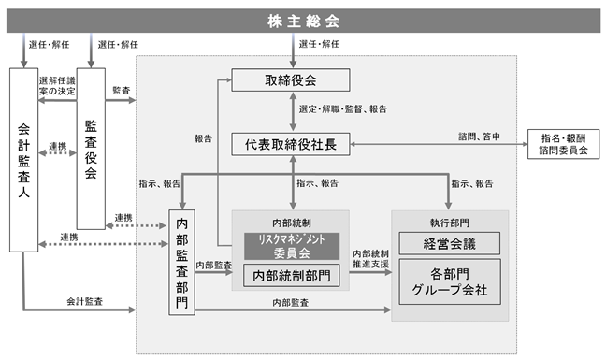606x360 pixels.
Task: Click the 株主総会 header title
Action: pyautogui.click(x=303, y=21)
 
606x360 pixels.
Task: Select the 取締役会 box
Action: pyautogui.click(x=291, y=80)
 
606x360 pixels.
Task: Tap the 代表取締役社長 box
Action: pyautogui.click(x=291, y=144)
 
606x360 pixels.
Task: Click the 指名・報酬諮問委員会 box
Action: pyautogui.click(x=564, y=144)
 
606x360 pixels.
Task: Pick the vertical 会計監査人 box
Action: pyautogui.click(x=23, y=160)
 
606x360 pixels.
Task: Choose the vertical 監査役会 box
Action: pyautogui.click(x=91, y=149)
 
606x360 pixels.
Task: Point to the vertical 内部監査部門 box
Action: pyautogui.click(x=181, y=263)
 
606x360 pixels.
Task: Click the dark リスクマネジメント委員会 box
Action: pyautogui.click(x=292, y=246)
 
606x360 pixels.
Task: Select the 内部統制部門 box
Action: pyautogui.click(x=292, y=276)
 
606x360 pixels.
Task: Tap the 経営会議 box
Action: pyautogui.click(x=450, y=243)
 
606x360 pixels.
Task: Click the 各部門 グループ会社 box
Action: pyautogui.click(x=450, y=281)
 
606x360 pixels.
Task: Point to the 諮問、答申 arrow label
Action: pyautogui.click(x=479, y=137)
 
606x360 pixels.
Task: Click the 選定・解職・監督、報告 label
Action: pyautogui.click(x=343, y=108)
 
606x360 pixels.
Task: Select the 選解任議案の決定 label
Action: pyautogui.click(x=57, y=86)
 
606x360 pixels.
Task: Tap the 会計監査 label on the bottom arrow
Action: pyautogui.click(x=85, y=301)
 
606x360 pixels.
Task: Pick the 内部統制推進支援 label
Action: pyautogui.click(x=370, y=259)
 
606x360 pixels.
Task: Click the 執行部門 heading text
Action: pyautogui.click(x=450, y=223)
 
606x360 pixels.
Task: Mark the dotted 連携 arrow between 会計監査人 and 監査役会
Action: pyautogui.click(x=58, y=153)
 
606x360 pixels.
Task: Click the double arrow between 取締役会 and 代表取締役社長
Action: pyautogui.click(x=293, y=112)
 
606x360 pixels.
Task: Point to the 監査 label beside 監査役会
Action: pyautogui.click(x=122, y=91)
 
